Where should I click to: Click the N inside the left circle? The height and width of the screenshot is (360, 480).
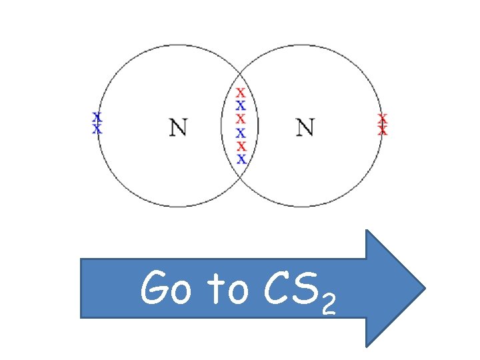(x=177, y=127)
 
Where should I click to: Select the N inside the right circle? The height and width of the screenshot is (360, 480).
(x=305, y=127)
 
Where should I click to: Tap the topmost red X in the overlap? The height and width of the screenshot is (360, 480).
(x=241, y=93)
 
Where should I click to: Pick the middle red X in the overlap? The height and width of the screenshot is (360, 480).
(x=241, y=119)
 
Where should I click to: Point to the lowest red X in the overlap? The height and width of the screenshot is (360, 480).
(x=241, y=146)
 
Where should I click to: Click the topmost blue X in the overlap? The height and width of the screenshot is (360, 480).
(x=241, y=105)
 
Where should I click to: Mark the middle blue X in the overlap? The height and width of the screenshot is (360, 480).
(x=241, y=133)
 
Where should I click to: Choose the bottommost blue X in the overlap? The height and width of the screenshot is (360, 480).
(x=241, y=159)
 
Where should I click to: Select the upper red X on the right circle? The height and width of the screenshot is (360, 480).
(x=382, y=118)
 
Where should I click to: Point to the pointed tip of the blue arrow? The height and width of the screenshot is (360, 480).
(x=424, y=289)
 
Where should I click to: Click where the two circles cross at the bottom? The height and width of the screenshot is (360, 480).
(x=240, y=179)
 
